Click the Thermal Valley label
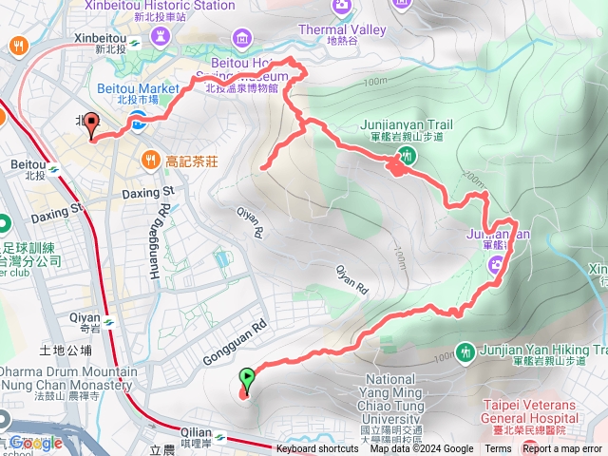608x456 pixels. [x=355, y=29]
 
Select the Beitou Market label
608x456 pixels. [x=139, y=88]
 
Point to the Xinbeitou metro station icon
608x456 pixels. [x=136, y=41]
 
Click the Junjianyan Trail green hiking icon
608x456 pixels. [x=406, y=159]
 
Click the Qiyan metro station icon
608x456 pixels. [x=110, y=321]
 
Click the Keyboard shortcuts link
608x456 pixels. [x=317, y=449]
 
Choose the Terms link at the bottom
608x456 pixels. [x=498, y=449]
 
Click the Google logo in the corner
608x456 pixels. [x=36, y=443]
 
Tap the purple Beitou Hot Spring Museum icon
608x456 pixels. [x=244, y=39]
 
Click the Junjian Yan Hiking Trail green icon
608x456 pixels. [x=465, y=351]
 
